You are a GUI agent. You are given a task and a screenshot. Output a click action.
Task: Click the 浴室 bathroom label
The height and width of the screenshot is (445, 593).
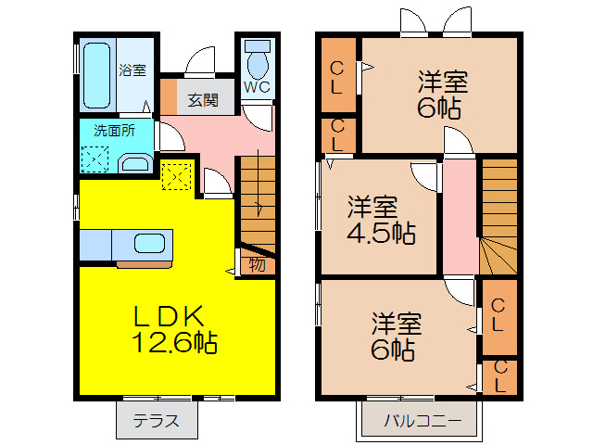[132, 70]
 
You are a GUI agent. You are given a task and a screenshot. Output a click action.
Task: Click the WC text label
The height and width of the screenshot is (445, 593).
[257, 87]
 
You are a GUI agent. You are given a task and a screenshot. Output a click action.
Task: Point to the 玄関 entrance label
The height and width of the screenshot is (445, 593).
[203, 99]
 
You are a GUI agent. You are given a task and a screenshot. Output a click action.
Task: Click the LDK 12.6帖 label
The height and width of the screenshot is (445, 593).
[173, 329]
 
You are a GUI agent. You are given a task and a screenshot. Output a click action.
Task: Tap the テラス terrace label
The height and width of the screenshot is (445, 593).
[157, 420]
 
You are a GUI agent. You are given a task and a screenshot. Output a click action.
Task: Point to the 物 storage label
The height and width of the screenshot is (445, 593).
[257, 264]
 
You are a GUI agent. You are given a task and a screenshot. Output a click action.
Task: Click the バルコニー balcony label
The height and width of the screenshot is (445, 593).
[423, 420]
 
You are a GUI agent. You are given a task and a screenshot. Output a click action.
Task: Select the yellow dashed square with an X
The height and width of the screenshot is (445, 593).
[176, 174]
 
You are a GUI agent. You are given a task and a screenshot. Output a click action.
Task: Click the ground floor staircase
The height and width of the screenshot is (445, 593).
[258, 200]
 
